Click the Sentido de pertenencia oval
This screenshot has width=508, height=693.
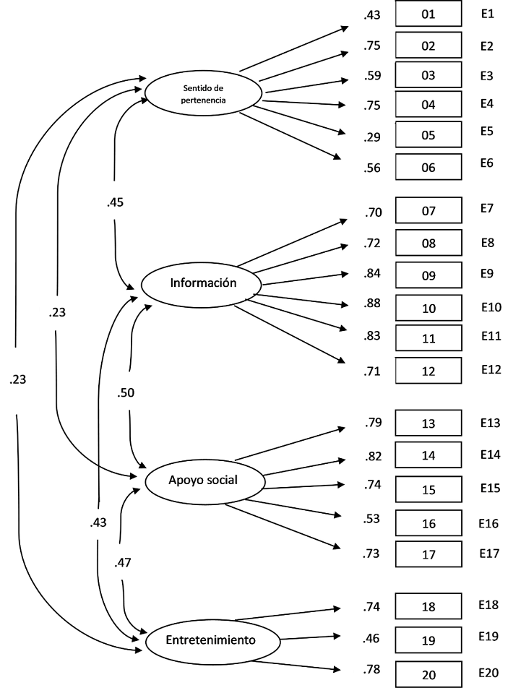[202, 94]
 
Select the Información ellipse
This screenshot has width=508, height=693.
[203, 283]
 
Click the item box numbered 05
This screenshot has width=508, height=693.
[429, 134]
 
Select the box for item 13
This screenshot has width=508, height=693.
[429, 423]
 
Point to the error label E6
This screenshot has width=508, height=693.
[486, 163]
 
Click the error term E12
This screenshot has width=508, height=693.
[491, 369]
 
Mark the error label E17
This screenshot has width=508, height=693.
[489, 554]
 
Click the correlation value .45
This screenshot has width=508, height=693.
[116, 202]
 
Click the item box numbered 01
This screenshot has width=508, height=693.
[429, 14]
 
